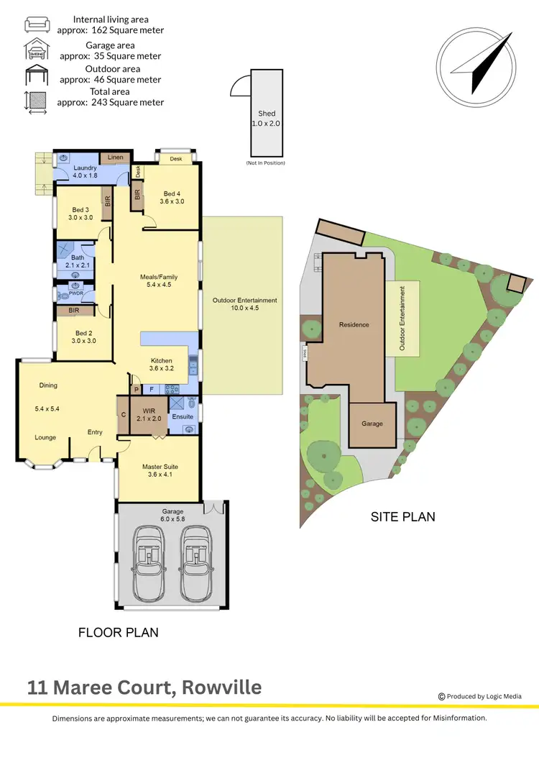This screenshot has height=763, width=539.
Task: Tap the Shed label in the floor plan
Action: click(x=266, y=114)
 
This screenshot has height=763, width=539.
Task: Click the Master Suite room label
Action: click(x=159, y=467)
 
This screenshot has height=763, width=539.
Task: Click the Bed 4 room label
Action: click(x=172, y=193)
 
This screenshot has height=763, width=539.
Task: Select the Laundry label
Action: click(x=85, y=168)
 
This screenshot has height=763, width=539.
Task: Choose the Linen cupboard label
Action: click(x=115, y=157)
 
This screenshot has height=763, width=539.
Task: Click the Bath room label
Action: click(x=78, y=257)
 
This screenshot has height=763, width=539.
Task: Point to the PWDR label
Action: click(x=76, y=294)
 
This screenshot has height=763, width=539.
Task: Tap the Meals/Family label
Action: click(x=159, y=277)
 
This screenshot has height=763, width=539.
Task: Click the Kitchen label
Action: click(x=160, y=361)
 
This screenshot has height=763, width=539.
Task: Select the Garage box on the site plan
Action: click(x=373, y=424)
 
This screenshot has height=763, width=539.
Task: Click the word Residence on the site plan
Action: click(x=354, y=324)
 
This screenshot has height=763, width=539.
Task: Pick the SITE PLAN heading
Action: click(x=402, y=516)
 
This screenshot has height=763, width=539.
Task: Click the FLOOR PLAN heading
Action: click(x=118, y=633)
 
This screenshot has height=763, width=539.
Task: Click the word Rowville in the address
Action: click(x=221, y=687)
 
